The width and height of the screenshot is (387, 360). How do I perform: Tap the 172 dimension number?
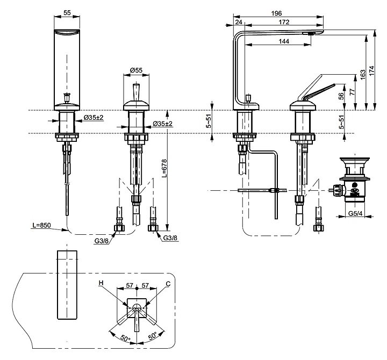(284, 22)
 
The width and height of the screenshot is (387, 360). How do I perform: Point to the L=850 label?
(41, 226)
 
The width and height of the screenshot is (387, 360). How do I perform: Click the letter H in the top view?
(101, 283)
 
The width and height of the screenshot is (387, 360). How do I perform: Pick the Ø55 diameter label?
(136, 70)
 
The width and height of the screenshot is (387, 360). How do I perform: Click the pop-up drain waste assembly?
(352, 183)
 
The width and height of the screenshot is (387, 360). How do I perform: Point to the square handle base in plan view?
(138, 307)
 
